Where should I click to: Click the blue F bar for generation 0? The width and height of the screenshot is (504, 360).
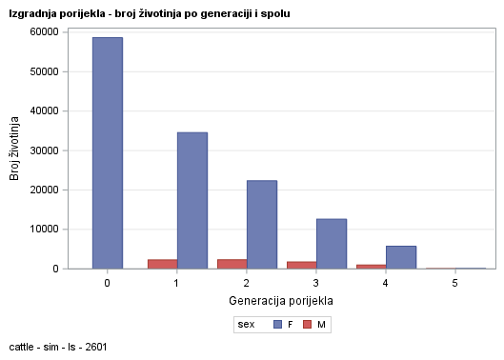point(107,152)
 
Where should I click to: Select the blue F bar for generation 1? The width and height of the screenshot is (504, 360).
point(192,200)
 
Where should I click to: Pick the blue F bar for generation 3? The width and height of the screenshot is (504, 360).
point(331,243)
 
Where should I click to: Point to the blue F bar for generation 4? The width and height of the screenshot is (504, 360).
point(400,257)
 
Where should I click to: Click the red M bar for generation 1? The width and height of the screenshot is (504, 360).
point(162,264)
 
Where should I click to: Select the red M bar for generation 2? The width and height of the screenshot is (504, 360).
point(232,264)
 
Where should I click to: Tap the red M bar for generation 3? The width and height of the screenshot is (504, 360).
point(301,265)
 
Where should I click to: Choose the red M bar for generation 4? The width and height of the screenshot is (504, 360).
point(371,267)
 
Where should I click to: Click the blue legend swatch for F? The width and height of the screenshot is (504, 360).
point(277,325)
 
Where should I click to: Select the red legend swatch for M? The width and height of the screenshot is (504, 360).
point(308,325)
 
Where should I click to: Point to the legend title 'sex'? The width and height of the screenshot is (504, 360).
point(246,325)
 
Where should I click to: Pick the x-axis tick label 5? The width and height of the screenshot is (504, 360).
point(455,284)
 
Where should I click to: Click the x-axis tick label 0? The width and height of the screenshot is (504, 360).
point(107,284)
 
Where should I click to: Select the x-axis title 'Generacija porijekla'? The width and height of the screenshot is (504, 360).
point(281,301)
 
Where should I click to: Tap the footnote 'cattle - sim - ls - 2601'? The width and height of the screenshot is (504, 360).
point(59,348)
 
